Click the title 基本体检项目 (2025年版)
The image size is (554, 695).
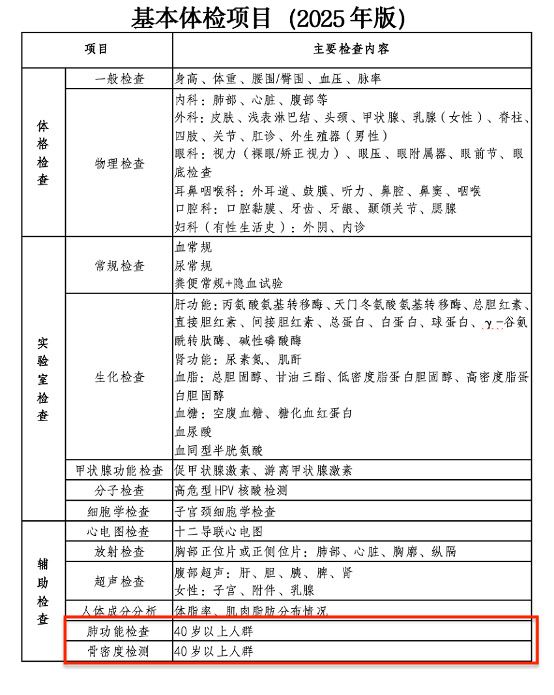pyautogui.click(x=268, y=18)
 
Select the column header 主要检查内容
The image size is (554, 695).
pyautogui.click(x=351, y=50)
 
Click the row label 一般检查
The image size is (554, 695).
pyautogui.click(x=119, y=79)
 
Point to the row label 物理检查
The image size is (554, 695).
pyautogui.click(x=119, y=163)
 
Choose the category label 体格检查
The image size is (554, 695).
pyautogui.click(x=43, y=152)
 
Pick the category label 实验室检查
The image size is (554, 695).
pyautogui.click(x=43, y=379)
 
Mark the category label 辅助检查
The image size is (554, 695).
pyautogui.click(x=43, y=591)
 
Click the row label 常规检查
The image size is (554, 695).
pyautogui.click(x=119, y=266)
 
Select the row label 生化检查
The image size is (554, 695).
pyautogui.click(x=119, y=377)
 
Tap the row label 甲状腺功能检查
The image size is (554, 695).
pyautogui.click(x=119, y=471)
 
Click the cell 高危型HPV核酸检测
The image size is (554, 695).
pyautogui.click(x=231, y=491)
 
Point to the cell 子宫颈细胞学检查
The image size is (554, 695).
pyautogui.click(x=225, y=512)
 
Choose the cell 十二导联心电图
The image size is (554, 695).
pyautogui.click(x=218, y=532)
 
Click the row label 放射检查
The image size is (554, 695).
pyautogui.click(x=119, y=552)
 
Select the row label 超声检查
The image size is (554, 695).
pyautogui.click(x=119, y=582)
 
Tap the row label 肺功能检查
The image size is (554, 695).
pyautogui.click(x=119, y=631)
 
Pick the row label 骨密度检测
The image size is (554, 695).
pyautogui.click(x=119, y=651)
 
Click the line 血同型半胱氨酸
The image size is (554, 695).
pyautogui.click(x=218, y=450)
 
